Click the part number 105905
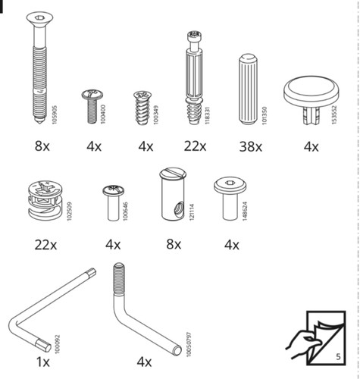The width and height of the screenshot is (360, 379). (55, 114)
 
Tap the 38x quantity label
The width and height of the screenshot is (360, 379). (251, 147)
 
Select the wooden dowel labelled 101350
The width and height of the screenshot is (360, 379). (248, 89)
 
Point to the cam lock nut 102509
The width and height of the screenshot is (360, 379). (45, 199)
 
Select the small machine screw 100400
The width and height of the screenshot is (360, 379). (92, 106)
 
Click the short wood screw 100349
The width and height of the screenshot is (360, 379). (142, 108)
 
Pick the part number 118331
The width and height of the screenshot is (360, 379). (207, 115)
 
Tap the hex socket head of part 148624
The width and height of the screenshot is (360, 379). (230, 183)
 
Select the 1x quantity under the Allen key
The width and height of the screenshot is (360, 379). (43, 362)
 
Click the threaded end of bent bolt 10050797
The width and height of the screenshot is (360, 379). (119, 279)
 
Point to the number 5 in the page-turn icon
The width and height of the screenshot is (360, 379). (338, 356)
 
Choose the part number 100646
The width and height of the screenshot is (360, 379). (125, 211)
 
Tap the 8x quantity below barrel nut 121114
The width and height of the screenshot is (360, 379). (174, 244)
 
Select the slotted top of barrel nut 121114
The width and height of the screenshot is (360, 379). (173, 173)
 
